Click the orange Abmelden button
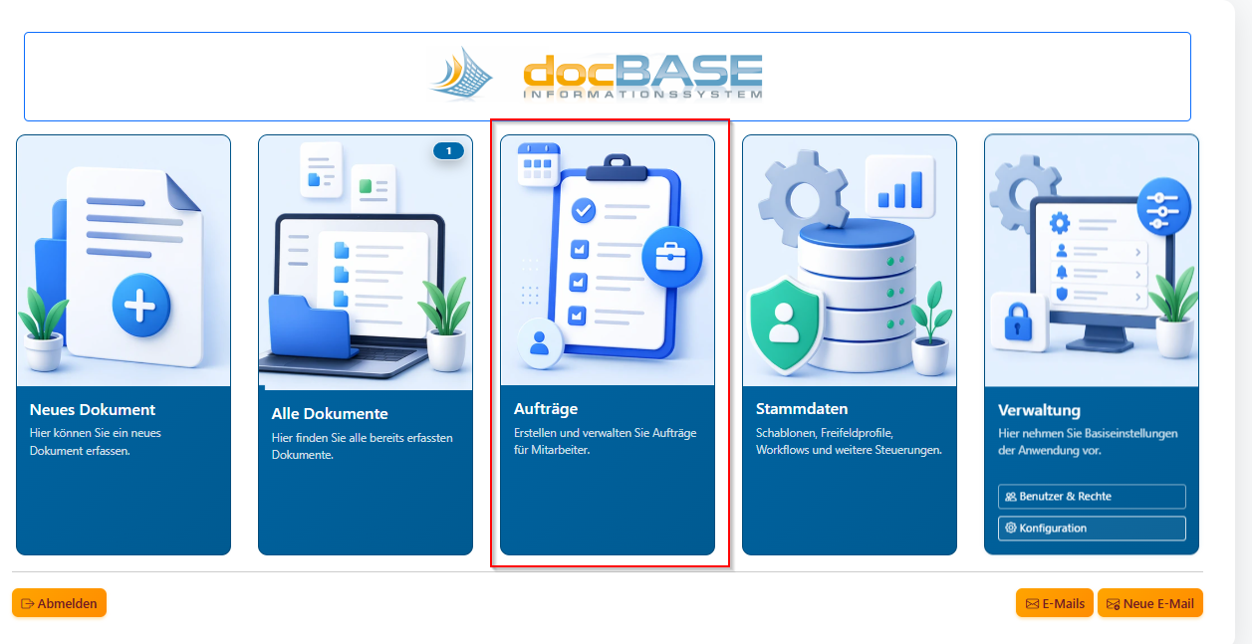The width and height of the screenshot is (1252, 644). [59, 603]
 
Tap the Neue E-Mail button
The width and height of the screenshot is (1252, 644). [1150, 603]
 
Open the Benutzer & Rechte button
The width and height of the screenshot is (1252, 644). [1092, 497]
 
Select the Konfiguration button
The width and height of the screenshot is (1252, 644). [1092, 529]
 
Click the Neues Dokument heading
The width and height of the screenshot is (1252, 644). [93, 410]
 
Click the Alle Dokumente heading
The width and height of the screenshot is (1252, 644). [330, 414]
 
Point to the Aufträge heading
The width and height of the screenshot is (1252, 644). [546, 409]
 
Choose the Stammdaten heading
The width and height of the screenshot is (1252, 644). [802, 409]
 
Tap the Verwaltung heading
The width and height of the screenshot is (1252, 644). [1039, 410]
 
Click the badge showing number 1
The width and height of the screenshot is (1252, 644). [448, 151]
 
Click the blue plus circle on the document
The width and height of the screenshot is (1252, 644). [140, 306]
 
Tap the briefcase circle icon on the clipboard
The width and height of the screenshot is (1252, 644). [671, 257]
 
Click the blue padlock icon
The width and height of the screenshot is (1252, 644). [1017, 322]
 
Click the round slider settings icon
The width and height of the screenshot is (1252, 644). [1163, 206]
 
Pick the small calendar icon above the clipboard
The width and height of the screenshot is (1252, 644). [538, 163]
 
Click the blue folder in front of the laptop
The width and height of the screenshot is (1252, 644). [311, 327]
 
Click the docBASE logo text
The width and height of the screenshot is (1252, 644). [642, 76]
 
